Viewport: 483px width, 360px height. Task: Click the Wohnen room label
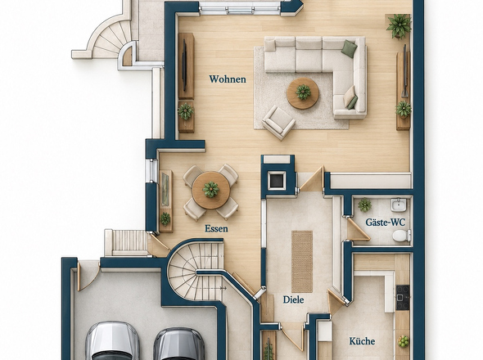pos(228,79)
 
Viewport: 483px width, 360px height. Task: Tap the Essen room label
pos(217,228)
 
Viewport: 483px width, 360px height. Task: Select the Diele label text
pos(294,299)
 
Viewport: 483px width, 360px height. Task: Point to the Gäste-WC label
pos(386,222)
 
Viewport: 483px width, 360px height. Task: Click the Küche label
pos(362,341)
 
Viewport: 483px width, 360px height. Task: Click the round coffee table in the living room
pos(303,93)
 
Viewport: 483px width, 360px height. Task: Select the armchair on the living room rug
pos(278,122)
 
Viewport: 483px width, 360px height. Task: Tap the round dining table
pos(211,190)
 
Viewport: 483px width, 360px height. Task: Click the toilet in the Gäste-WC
pos(401,236)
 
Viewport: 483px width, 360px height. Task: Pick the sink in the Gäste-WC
pos(399,205)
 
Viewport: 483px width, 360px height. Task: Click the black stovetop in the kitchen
pos(403,297)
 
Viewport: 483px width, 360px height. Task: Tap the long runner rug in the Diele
pos(302,262)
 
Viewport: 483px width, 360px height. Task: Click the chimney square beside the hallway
pos(277,181)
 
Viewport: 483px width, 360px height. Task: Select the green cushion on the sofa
pos(350,49)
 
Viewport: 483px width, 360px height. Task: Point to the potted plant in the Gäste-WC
pos(364,205)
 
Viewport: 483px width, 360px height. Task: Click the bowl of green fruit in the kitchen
pos(404,341)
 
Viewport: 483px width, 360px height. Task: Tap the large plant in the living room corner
pos(399,26)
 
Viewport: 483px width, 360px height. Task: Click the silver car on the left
pos(112,341)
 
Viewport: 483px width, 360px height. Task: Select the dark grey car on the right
pos(179,344)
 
